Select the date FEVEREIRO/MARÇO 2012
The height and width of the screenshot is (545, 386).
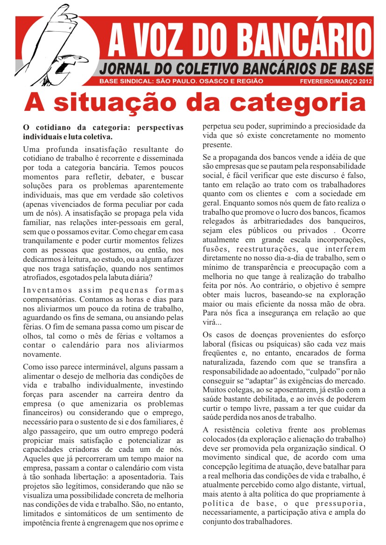pos(336,82)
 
